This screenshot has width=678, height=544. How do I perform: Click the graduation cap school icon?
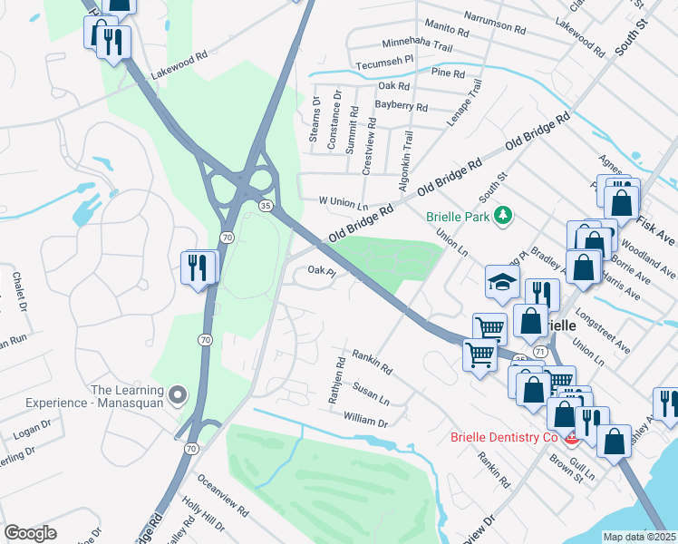coord(501,281)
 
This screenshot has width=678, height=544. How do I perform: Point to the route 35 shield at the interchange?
coord(266,206)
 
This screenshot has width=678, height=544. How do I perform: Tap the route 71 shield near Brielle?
coord(541,350)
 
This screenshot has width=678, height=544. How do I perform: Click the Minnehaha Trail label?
coord(416,44)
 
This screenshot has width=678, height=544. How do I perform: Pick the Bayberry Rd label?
coord(401,106)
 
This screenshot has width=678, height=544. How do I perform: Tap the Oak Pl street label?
coord(322,270)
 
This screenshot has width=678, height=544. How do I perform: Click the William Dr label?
coord(365,422)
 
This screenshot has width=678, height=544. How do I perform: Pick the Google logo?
coord(30,533)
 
